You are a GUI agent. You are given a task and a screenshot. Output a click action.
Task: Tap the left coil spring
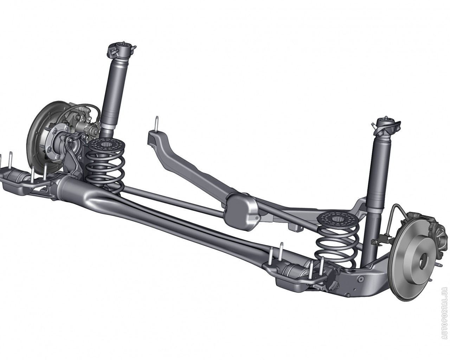(x=105, y=165)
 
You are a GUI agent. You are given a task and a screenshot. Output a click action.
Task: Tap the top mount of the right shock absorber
(x=386, y=127)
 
